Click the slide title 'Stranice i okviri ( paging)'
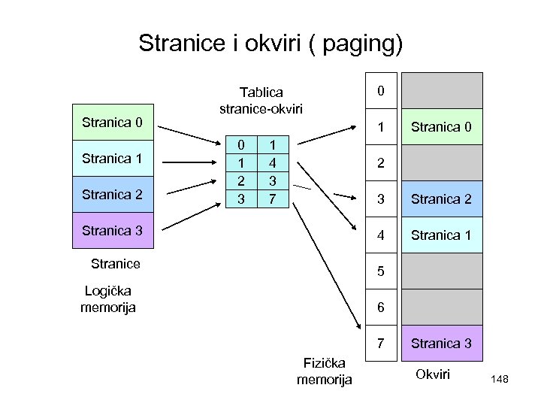click(x=270, y=43)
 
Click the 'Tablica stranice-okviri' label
click(x=261, y=101)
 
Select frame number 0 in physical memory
click(x=381, y=91)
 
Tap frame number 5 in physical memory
click(x=381, y=271)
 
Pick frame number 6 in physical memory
click(x=381, y=308)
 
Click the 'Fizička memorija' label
click(x=324, y=371)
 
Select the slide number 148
click(x=500, y=380)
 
